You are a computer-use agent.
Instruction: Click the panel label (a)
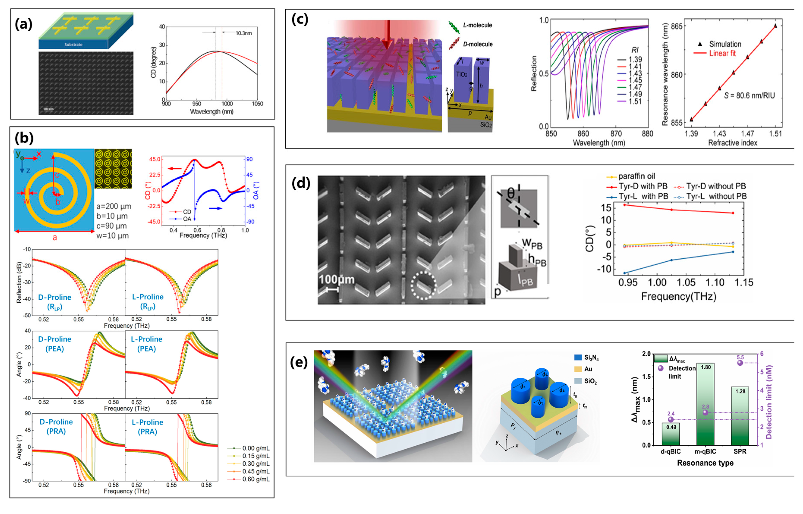pyautogui.click(x=23, y=24)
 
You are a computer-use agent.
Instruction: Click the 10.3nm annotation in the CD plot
pyautogui.click(x=244, y=33)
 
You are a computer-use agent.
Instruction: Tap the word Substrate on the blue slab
pyautogui.click(x=73, y=44)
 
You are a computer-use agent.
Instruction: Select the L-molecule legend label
pyautogui.click(x=477, y=25)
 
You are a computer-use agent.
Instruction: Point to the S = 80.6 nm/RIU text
pyautogui.click(x=749, y=96)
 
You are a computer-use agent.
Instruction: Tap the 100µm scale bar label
pyautogui.click(x=336, y=279)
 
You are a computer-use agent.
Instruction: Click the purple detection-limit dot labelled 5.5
pyautogui.click(x=740, y=363)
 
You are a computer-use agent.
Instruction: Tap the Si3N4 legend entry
pyautogui.click(x=591, y=358)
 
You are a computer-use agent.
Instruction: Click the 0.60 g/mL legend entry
pyautogui.click(x=256, y=479)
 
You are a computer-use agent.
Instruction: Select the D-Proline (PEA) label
pyautogui.click(x=55, y=344)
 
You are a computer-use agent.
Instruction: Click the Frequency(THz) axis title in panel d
pyautogui.click(x=679, y=296)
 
